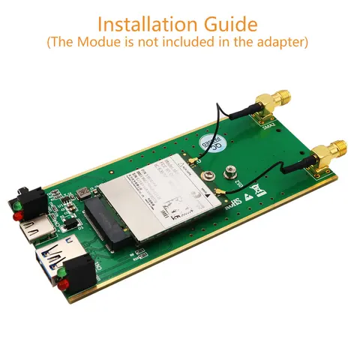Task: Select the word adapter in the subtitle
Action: point(277,42)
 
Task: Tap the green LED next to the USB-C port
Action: point(16,203)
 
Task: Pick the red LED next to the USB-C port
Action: point(16,218)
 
